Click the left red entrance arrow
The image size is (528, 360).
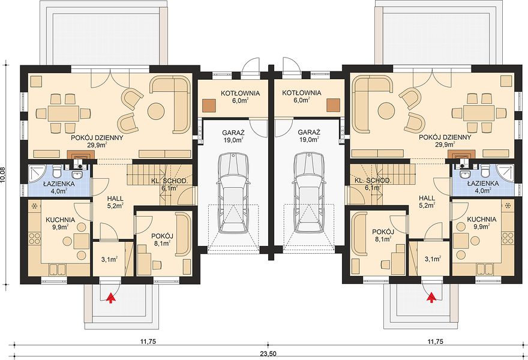[x=110, y=298]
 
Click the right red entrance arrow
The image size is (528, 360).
[x=431, y=298]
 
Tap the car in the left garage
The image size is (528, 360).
[x=233, y=193]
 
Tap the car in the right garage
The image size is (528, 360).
[x=309, y=193]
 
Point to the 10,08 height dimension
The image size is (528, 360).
[x=4, y=175]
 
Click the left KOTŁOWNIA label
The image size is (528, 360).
[x=241, y=93]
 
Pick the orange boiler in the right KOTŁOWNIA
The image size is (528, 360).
[x=334, y=105]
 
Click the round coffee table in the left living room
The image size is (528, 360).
[x=156, y=110]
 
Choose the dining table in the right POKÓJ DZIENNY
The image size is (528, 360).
[x=478, y=113]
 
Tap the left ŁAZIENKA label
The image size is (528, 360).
[x=59, y=184]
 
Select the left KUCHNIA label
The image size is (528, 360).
[x=61, y=220]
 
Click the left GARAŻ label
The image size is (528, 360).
[x=233, y=133]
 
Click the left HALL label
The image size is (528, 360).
[x=115, y=198]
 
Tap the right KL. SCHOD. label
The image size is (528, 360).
[x=373, y=181]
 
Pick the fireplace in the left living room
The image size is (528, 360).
[x=81, y=155]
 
